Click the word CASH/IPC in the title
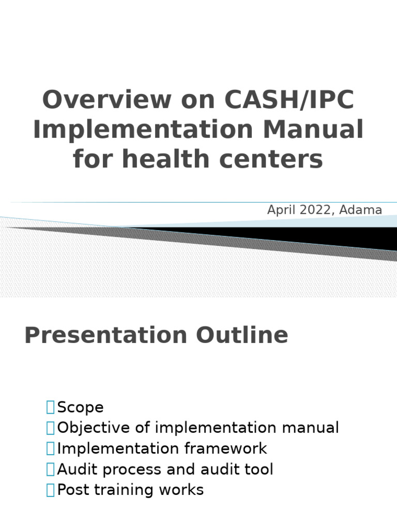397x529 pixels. click(290, 100)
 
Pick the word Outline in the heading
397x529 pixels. click(241, 336)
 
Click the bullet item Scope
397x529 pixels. click(81, 408)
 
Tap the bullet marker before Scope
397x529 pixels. click(50, 408)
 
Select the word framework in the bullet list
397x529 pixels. click(234, 448)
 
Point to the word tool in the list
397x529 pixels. click(260, 470)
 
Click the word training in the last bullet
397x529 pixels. click(122, 490)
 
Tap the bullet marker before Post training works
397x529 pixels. click(50, 490)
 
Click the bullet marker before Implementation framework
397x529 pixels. click(50, 448)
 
